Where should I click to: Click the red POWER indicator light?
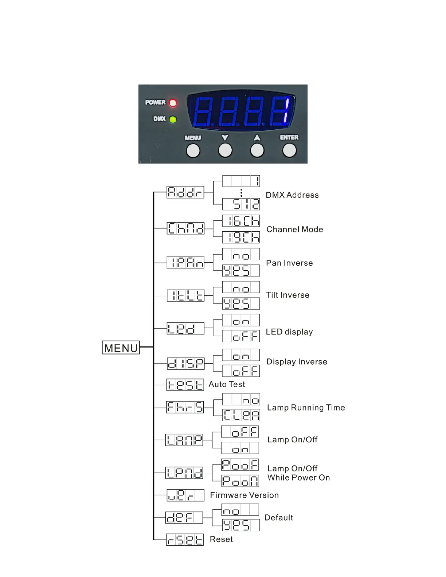point(173,103)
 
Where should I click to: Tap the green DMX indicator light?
point(173,119)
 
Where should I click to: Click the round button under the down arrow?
point(225,150)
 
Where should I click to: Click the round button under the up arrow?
point(257,150)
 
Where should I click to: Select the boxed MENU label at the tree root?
point(121,348)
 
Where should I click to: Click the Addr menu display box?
point(185,192)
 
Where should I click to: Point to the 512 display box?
point(241,204)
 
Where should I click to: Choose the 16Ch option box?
point(241,221)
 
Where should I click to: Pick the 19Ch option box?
point(241,238)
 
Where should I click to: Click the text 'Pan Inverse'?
point(289,263)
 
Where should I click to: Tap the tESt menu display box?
point(185,385)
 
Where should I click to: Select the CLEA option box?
point(241,415)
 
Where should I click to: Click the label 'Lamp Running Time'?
point(306,408)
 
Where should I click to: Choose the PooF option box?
point(240,464)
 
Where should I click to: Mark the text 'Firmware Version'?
point(244,495)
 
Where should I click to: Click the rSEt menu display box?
point(185,539)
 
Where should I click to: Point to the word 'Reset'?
point(221,539)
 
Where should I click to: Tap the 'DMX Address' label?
point(292,195)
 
